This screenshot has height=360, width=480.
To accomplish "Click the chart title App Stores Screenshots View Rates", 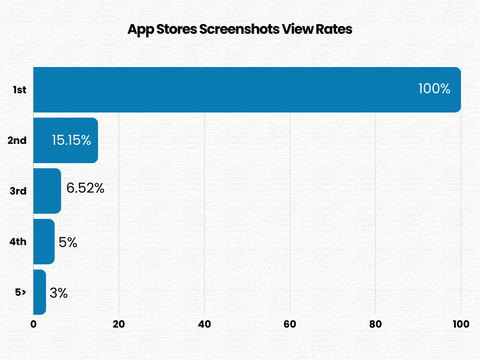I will [x=240, y=29].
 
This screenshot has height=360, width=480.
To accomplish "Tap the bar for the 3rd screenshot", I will [x=47, y=191].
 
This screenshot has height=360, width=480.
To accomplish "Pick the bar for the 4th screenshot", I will [x=44, y=241].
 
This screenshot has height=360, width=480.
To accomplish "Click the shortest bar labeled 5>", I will [x=39, y=292].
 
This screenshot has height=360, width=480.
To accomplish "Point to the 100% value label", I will [x=434, y=89].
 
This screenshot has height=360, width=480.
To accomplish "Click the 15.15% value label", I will [x=71, y=140].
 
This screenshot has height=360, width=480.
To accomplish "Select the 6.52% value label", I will [x=85, y=188].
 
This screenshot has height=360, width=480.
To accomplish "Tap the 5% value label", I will [x=68, y=242].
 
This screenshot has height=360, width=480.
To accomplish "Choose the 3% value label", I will [x=59, y=293].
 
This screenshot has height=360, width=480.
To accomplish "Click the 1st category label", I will [x=19, y=90].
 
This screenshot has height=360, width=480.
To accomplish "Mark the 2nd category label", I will [x=17, y=140].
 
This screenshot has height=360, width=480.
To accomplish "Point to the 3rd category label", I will [x=18, y=191].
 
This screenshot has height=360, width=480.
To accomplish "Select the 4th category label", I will [x=18, y=242].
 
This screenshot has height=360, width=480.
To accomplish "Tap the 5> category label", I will [x=20, y=292].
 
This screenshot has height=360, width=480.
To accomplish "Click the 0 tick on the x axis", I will [x=33, y=324].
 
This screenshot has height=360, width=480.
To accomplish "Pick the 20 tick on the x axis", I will [x=119, y=324].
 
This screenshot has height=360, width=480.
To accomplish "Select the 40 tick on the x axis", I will [x=204, y=324].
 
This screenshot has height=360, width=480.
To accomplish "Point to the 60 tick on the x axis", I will [x=290, y=324].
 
